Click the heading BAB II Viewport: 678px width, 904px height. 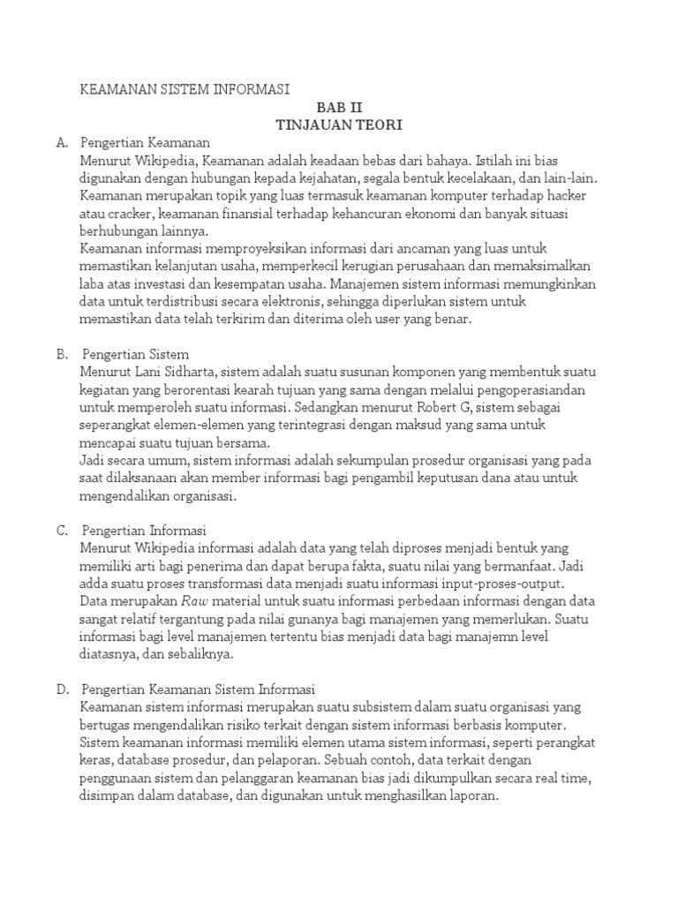point(339,108)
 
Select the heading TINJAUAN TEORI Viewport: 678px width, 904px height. point(339,125)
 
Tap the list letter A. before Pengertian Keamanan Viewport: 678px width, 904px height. point(61,142)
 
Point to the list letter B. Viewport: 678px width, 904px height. point(62,354)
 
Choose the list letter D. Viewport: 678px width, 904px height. point(62,689)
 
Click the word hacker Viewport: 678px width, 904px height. point(561,195)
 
